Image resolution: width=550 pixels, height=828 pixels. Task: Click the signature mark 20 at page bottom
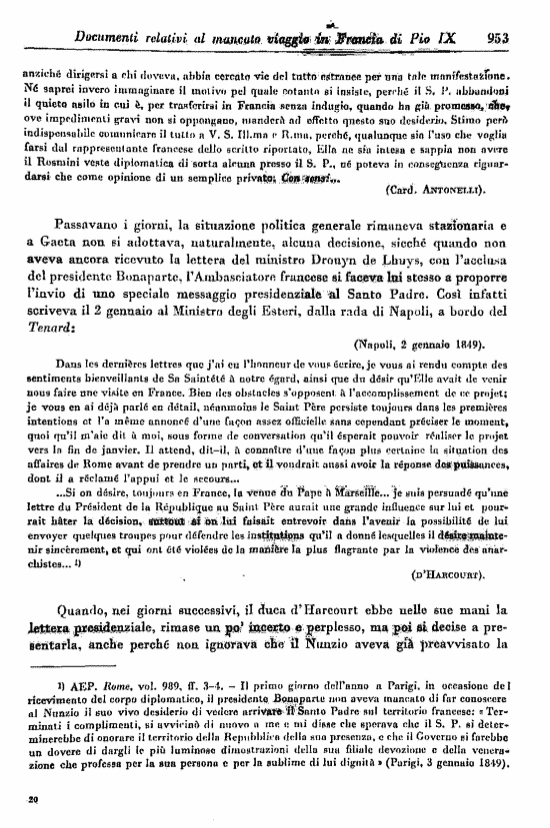point(32,798)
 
